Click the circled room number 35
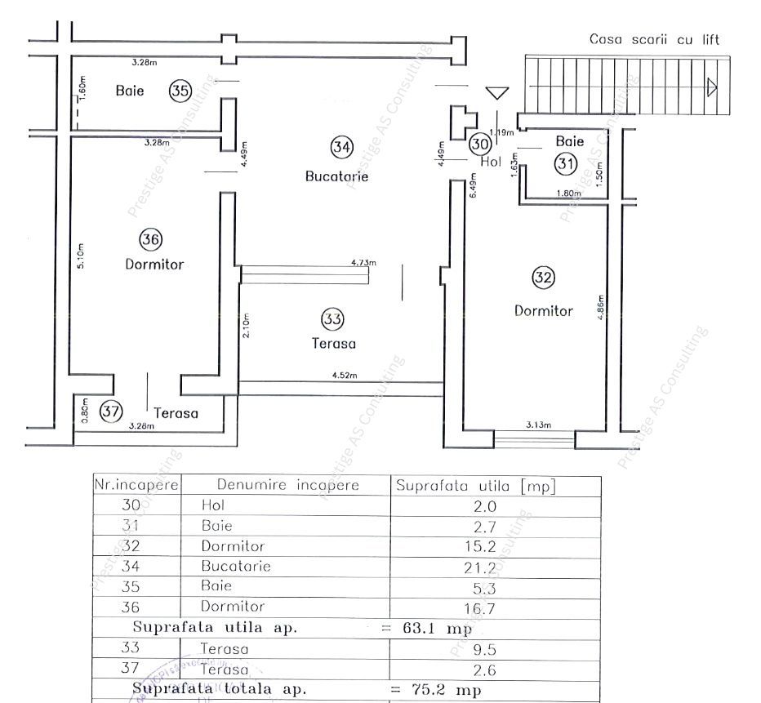click(x=180, y=91)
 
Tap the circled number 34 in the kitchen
click(x=341, y=147)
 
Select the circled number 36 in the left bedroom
click(x=150, y=239)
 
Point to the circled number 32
click(x=543, y=278)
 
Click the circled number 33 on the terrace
click(x=332, y=318)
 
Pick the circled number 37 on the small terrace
click(x=111, y=412)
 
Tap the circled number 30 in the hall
click(x=481, y=144)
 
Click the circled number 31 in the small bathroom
click(x=566, y=163)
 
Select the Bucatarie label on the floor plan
click(x=337, y=176)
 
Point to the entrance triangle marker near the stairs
click(x=496, y=93)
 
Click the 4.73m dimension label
click(x=363, y=263)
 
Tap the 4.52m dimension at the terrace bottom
click(x=344, y=376)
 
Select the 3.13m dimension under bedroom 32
click(x=538, y=425)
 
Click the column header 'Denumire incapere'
click(x=287, y=485)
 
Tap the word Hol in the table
click(x=212, y=505)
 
